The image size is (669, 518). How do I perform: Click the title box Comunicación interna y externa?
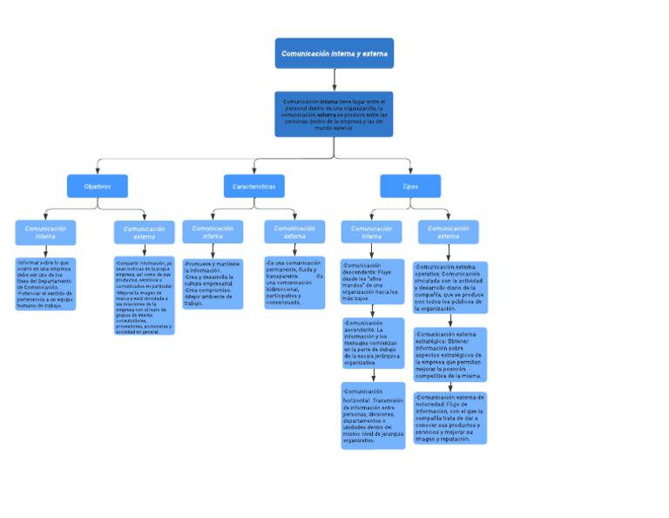pyautogui.click(x=334, y=53)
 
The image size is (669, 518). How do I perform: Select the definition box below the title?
pyautogui.click(x=334, y=114)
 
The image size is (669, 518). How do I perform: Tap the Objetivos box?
pyautogui.click(x=97, y=187)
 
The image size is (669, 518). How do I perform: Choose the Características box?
pyautogui.click(x=253, y=187)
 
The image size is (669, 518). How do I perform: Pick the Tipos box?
pyautogui.click(x=410, y=187)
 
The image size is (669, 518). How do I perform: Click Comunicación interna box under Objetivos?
pyautogui.click(x=45, y=233)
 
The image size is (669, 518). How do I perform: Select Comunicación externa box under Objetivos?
pyautogui.click(x=144, y=233)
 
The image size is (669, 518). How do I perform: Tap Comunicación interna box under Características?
pyautogui.click(x=213, y=232)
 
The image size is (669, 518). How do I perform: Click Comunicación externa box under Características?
pyautogui.click(x=294, y=232)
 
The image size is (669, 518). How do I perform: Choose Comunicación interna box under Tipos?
pyautogui.click(x=371, y=232)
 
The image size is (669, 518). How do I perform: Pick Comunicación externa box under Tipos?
pyautogui.click(x=448, y=232)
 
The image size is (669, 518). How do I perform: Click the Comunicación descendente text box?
pyautogui.click(x=372, y=281)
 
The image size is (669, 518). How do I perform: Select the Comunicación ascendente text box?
pyautogui.click(x=373, y=343)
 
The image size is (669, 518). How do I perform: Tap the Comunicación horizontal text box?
pyautogui.click(x=373, y=416)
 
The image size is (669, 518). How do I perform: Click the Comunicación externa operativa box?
pyautogui.click(x=449, y=288)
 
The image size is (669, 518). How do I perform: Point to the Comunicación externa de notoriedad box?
pyautogui.click(x=449, y=419)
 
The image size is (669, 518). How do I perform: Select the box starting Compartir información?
pyautogui.click(x=144, y=296)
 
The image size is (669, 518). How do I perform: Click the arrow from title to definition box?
pyautogui.click(x=334, y=79)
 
